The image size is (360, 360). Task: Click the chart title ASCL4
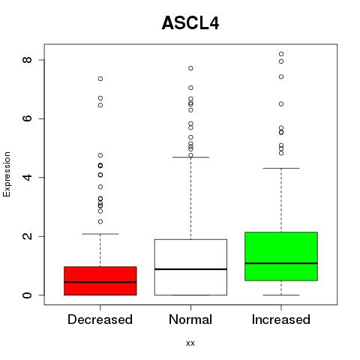[190, 23]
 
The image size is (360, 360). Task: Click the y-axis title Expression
[7, 174]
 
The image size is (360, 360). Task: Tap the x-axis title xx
[190, 343]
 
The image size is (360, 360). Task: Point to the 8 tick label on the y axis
[27, 60]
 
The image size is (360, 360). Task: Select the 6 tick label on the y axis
[27, 118]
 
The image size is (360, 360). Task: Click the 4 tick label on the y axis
[27, 177]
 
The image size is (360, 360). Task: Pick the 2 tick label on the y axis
[27, 236]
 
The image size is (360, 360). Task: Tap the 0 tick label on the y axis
[27, 295]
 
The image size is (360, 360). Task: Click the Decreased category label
[100, 319]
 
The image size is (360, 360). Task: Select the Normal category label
[190, 319]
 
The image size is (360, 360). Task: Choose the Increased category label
[281, 319]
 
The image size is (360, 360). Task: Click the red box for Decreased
[100, 280]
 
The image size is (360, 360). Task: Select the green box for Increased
[281, 256]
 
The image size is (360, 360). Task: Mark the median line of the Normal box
[190, 269]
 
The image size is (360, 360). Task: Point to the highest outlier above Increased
[281, 54]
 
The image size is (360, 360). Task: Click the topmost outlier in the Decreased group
[100, 79]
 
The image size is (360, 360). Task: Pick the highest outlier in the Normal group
[190, 68]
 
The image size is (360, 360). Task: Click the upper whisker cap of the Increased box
[281, 168]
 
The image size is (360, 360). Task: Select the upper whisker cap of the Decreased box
[100, 234]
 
